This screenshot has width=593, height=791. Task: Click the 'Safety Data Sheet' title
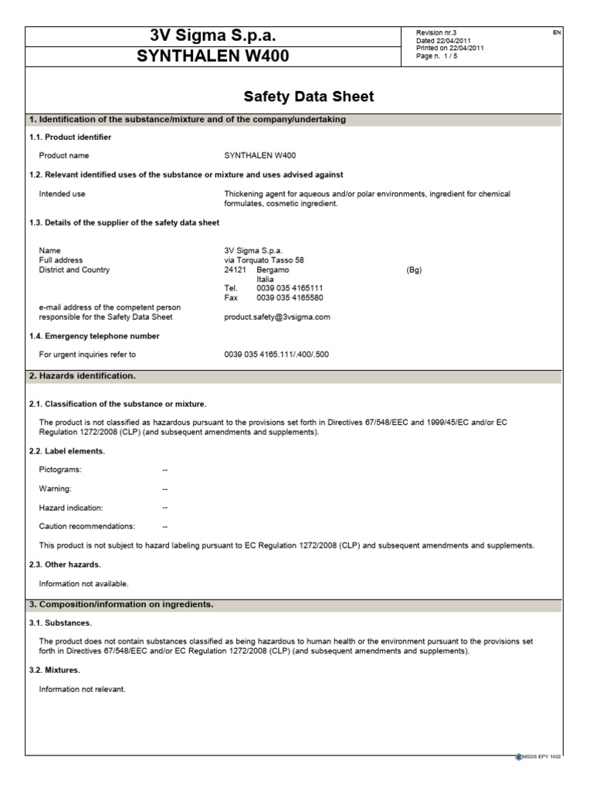click(x=309, y=97)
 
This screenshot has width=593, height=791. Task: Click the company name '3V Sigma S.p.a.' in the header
click(x=212, y=36)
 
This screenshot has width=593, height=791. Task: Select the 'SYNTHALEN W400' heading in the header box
click(x=212, y=56)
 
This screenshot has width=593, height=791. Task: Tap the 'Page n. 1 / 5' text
click(x=436, y=56)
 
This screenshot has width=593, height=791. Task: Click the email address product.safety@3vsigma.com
click(x=276, y=317)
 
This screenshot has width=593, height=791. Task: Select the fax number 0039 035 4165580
click(x=290, y=297)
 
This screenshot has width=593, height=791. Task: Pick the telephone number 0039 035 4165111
click(x=290, y=287)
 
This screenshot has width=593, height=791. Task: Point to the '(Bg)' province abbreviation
click(x=414, y=270)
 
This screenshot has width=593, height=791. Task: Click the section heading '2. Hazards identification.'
click(x=82, y=376)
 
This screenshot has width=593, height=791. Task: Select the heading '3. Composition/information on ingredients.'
click(x=121, y=604)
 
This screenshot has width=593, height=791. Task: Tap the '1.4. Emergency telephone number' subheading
click(x=94, y=336)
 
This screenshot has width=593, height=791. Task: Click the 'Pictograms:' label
click(x=60, y=470)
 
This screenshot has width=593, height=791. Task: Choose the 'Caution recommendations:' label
click(x=86, y=526)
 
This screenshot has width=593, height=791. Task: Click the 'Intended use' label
click(x=62, y=194)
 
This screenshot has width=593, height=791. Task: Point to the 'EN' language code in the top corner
click(x=557, y=32)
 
